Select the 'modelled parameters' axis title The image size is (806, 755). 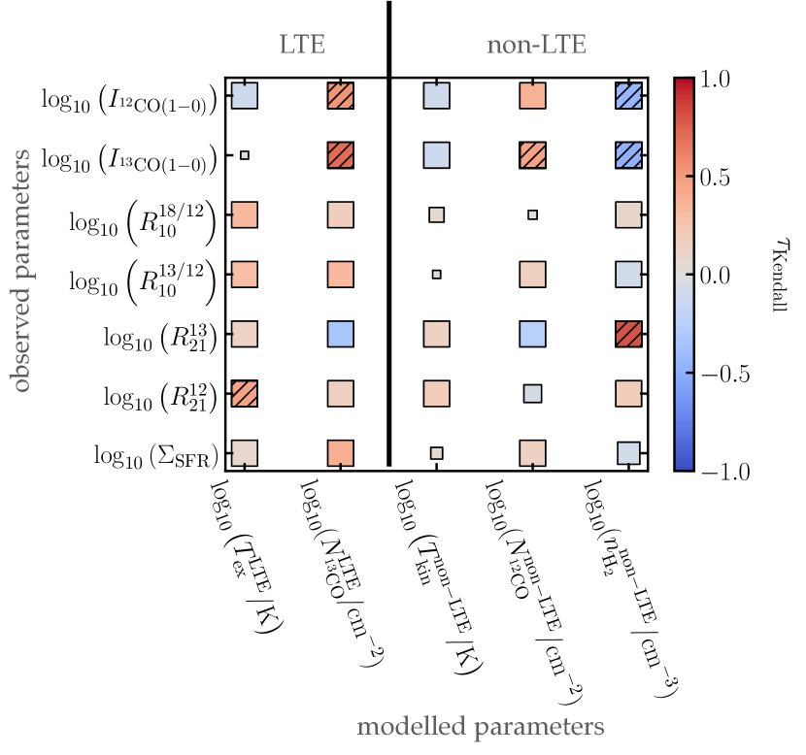(x=481, y=726)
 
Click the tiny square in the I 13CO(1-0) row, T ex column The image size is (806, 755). (x=245, y=155)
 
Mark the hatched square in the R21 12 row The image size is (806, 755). (x=245, y=393)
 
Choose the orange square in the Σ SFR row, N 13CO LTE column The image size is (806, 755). (x=341, y=452)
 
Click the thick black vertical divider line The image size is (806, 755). (x=388, y=233)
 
